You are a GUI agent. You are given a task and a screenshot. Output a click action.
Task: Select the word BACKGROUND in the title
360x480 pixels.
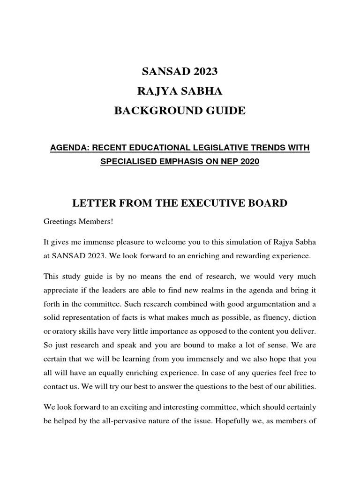pyautogui.click(x=155, y=111)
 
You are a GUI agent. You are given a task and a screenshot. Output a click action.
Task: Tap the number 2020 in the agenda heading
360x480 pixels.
pyautogui.click(x=249, y=162)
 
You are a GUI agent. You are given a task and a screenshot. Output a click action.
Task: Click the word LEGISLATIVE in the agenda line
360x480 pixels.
pyautogui.click(x=220, y=148)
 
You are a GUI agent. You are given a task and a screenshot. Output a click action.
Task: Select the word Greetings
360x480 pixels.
pyautogui.click(x=60, y=221)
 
